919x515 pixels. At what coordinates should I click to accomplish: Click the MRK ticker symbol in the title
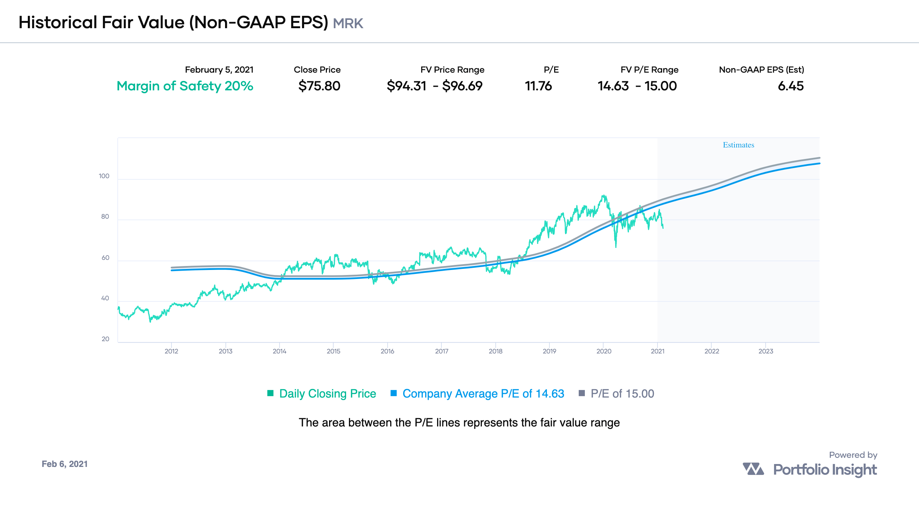click(x=348, y=23)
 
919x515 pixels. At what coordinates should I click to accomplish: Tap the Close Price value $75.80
click(x=319, y=86)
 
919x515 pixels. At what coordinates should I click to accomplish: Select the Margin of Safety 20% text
click(x=185, y=86)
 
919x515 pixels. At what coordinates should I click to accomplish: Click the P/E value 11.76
click(x=538, y=86)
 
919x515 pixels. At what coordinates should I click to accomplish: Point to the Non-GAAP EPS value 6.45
click(x=790, y=86)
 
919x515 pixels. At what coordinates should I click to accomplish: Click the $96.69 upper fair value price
click(x=462, y=86)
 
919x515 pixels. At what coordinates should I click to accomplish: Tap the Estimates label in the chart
click(x=738, y=145)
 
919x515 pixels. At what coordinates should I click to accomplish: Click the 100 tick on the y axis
click(x=104, y=176)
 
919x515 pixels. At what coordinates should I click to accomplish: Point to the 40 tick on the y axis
click(x=105, y=298)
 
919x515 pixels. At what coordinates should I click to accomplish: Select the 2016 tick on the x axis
click(x=387, y=351)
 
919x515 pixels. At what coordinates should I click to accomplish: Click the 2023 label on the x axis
click(x=765, y=351)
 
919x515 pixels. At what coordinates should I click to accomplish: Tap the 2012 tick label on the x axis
click(x=171, y=351)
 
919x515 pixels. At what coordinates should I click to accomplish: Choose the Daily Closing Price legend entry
click(x=327, y=394)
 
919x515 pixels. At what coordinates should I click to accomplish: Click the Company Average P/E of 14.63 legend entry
click(x=483, y=394)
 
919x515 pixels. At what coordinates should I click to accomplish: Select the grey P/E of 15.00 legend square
click(x=582, y=393)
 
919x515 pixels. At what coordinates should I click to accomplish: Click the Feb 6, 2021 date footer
click(x=65, y=464)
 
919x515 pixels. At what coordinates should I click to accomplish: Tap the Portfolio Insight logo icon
click(x=753, y=469)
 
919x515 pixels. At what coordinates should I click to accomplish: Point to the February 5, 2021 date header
click(x=219, y=70)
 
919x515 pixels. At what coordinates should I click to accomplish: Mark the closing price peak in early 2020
click(x=603, y=196)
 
